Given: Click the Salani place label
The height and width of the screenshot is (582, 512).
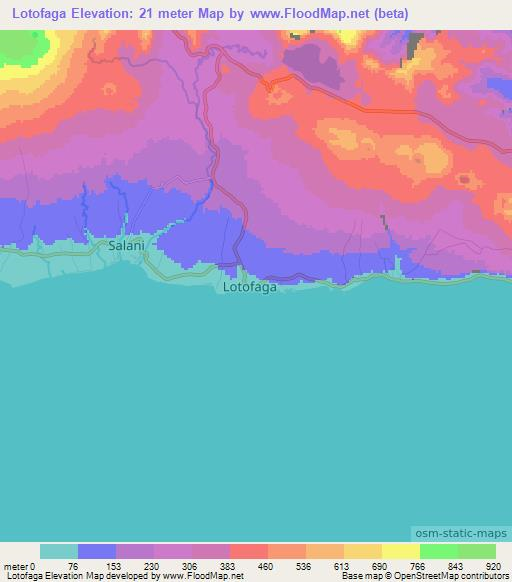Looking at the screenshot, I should pyautogui.click(x=128, y=245).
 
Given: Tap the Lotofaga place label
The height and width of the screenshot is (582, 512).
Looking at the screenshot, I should pyautogui.click(x=248, y=288).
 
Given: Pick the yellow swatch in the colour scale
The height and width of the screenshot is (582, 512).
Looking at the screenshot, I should pyautogui.click(x=400, y=551).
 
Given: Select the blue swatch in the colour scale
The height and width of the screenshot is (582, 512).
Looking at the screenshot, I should pyautogui.click(x=97, y=551).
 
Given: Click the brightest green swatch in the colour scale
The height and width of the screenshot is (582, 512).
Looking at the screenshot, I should pyautogui.click(x=438, y=551).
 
